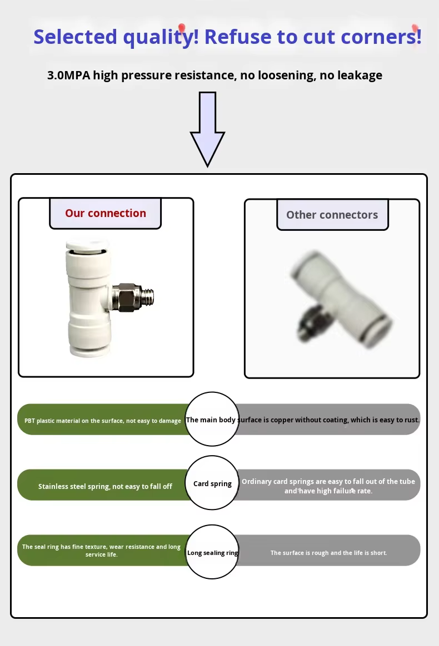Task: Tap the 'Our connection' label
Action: (x=106, y=213)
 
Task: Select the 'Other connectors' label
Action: (x=332, y=215)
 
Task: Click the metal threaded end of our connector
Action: (x=144, y=297)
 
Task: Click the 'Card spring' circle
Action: (x=212, y=483)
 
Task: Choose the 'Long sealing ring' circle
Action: (x=212, y=553)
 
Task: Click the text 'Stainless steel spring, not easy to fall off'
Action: (x=105, y=486)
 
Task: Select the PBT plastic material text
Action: (x=103, y=421)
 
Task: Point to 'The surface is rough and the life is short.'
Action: (x=328, y=553)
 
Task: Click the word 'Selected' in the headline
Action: (x=75, y=37)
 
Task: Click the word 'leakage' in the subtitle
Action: (x=359, y=75)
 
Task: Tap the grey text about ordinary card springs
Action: (x=328, y=486)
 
